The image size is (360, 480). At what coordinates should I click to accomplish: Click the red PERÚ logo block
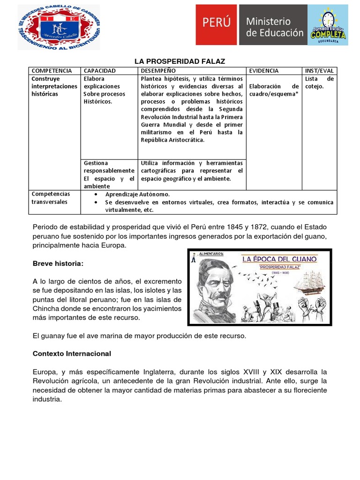pos(217,25)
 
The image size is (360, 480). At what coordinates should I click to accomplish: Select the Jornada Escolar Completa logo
pos(328,25)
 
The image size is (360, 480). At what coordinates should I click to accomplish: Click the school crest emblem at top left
pos(59,27)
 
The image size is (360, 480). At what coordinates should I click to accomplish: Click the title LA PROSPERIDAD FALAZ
pos(180,61)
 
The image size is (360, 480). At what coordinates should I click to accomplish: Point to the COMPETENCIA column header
pos(52,71)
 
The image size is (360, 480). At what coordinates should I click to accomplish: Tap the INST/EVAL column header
pos(319,71)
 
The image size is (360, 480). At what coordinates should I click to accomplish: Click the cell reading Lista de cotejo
pos(319,82)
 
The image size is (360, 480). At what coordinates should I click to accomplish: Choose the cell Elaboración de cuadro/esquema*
pos(274,90)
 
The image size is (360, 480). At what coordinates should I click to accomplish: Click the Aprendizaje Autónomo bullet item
pos(137,194)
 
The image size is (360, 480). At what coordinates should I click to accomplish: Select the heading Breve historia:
pos(58,264)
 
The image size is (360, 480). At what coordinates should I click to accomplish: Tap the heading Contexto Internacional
pos(72,353)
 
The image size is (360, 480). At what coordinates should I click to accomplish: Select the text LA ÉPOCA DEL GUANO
pos(279,259)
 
